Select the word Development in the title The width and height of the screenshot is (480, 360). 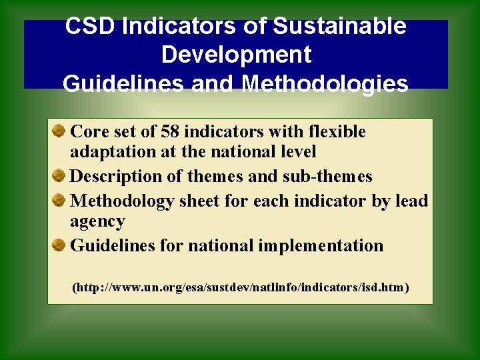pos(236,55)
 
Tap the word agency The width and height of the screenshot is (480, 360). pos(97,222)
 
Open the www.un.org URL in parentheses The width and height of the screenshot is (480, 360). pos(240,288)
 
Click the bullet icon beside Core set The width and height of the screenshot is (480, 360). pos(59,131)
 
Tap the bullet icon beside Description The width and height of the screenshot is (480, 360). pos(59,176)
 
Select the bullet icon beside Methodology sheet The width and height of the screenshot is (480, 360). pos(59,199)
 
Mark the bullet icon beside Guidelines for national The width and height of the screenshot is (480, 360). pos(59,245)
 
